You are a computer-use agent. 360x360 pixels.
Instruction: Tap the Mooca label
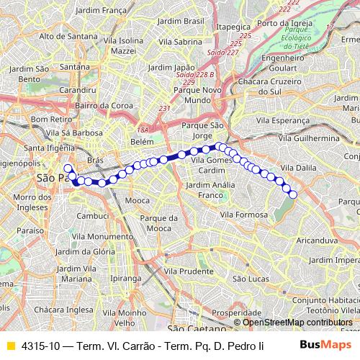[136, 201]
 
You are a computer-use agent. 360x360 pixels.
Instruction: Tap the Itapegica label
[231, 26]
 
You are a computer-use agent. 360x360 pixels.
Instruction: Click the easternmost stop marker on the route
[293, 194]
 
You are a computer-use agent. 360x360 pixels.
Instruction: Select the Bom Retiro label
[50, 119]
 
